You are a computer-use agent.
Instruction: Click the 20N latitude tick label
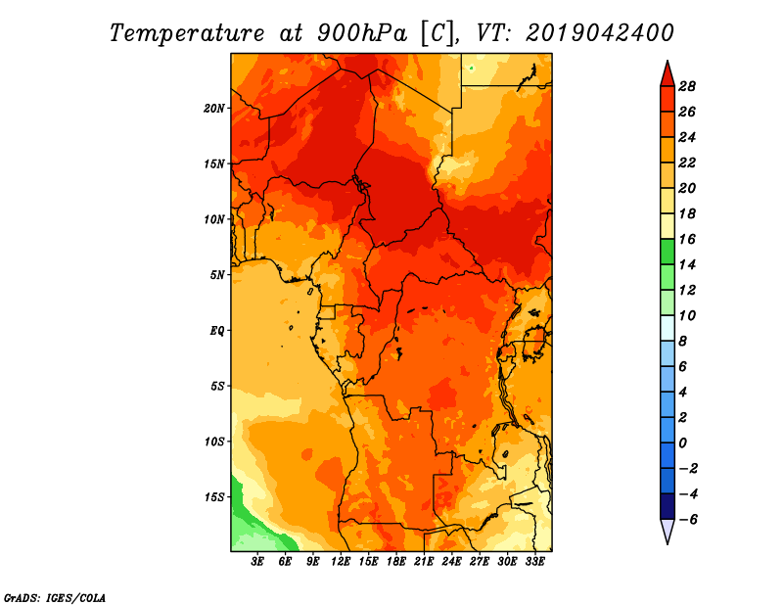pyautogui.click(x=214, y=109)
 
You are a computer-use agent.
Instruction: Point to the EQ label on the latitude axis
pyautogui.click(x=216, y=331)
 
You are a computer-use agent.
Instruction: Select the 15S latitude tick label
pyautogui.click(x=214, y=497)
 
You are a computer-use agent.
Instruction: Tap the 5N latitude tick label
pyautogui.click(x=217, y=275)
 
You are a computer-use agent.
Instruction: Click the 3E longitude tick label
pyautogui.click(x=257, y=562)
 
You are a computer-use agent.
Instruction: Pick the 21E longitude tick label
pyautogui.click(x=424, y=562)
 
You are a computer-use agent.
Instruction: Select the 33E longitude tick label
pyautogui.click(x=534, y=562)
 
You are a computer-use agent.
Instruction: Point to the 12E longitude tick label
pyautogui.click(x=341, y=562)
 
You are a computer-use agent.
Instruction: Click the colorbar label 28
pyautogui.click(x=687, y=87)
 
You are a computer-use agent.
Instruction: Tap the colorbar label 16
pyautogui.click(x=687, y=240)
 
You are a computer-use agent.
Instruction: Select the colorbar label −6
pyautogui.click(x=688, y=520)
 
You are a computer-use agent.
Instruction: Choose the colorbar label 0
pyautogui.click(x=682, y=443)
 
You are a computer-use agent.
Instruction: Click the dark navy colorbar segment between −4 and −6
pyautogui.click(x=668, y=506)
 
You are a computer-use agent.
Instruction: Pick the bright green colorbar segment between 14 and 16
pyautogui.click(x=668, y=252)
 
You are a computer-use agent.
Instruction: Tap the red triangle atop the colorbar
pyautogui.click(x=668, y=75)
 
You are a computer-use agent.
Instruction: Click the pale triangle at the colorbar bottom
pyautogui.click(x=668, y=531)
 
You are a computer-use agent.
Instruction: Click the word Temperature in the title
pyautogui.click(x=187, y=34)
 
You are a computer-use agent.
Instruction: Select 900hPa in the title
pyautogui.click(x=362, y=33)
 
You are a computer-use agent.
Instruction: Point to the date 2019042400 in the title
pyautogui.click(x=600, y=33)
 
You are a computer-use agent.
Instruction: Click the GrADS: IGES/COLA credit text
pyautogui.click(x=55, y=598)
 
